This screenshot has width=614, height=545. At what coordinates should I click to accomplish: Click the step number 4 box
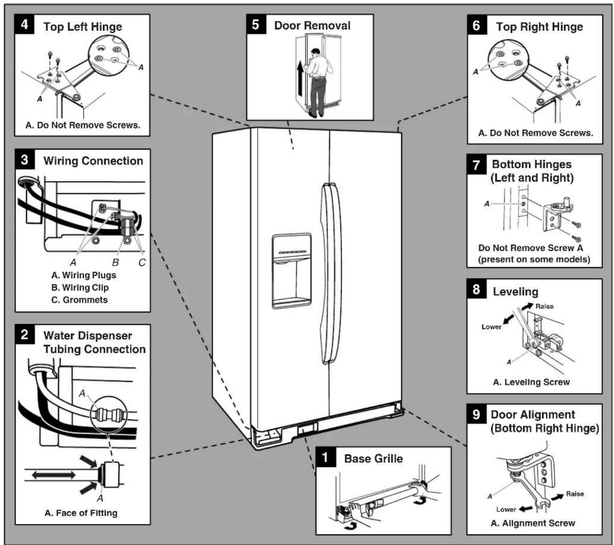click(x=24, y=24)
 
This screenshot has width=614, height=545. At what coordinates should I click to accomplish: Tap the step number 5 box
click(x=256, y=24)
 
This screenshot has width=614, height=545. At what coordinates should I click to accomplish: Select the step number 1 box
click(x=326, y=457)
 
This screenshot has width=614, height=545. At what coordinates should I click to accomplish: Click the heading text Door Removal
click(x=312, y=25)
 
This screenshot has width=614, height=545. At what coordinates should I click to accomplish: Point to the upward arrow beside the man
click(x=300, y=78)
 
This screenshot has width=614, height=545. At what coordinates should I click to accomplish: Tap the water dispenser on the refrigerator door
click(x=291, y=271)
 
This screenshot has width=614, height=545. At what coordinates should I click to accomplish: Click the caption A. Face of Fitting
click(x=81, y=513)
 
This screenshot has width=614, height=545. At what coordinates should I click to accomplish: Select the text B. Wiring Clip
click(x=80, y=287)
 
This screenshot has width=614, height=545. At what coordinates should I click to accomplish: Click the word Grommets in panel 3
click(x=85, y=300)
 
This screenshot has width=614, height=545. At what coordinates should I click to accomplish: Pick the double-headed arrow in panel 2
click(x=54, y=475)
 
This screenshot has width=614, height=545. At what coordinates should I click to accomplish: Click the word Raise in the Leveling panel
click(x=544, y=306)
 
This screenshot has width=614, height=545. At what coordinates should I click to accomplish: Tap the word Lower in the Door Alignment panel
click(x=506, y=509)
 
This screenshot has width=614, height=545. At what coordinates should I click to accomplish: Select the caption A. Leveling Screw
click(x=531, y=382)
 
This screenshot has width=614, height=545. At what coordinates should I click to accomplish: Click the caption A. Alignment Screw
click(x=533, y=523)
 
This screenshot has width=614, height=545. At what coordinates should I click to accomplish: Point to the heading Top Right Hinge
click(x=539, y=27)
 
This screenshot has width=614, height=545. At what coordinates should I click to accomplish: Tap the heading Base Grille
click(x=374, y=458)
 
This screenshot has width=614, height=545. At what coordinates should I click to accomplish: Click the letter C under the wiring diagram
click(x=142, y=262)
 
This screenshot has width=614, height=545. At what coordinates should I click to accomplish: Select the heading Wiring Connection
click(x=93, y=161)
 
